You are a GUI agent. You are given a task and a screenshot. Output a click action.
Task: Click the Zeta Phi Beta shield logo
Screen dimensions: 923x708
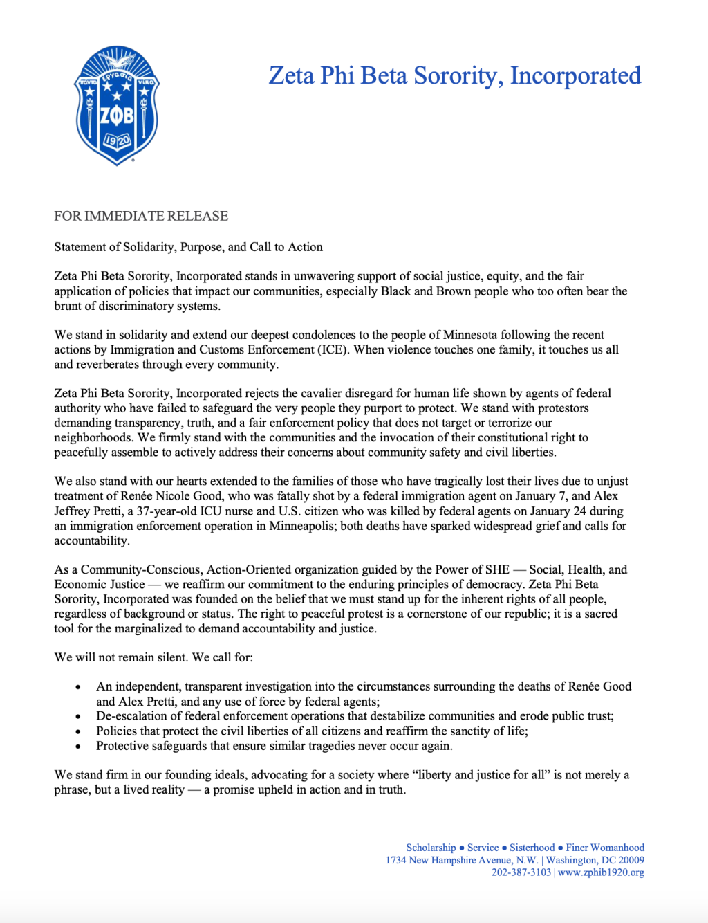(x=117, y=106)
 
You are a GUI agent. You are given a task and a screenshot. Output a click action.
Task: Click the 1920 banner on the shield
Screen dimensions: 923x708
(x=117, y=141)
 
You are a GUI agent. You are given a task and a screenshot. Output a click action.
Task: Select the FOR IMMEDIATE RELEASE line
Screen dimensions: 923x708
(x=141, y=216)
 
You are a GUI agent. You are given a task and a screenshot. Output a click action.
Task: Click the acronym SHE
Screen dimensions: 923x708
(x=497, y=569)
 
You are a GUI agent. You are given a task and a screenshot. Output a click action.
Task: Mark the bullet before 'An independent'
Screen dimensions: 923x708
(x=78, y=687)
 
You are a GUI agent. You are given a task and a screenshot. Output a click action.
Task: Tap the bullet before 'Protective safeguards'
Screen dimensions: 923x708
(x=78, y=747)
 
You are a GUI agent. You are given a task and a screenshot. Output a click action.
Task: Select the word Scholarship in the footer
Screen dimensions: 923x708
(x=431, y=848)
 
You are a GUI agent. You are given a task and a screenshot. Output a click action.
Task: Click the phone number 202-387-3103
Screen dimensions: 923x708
(x=521, y=872)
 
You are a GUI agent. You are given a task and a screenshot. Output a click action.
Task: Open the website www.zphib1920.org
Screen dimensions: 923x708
(x=601, y=872)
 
